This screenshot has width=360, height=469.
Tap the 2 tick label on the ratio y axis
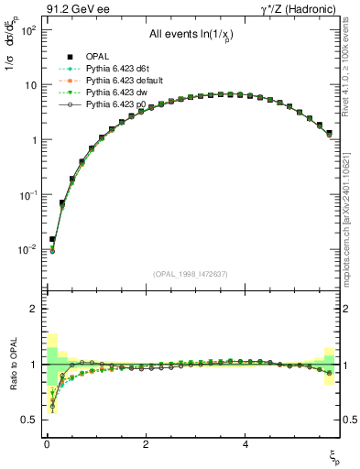(x=31, y=309)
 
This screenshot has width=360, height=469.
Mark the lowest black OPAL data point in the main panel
(x=52, y=239)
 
